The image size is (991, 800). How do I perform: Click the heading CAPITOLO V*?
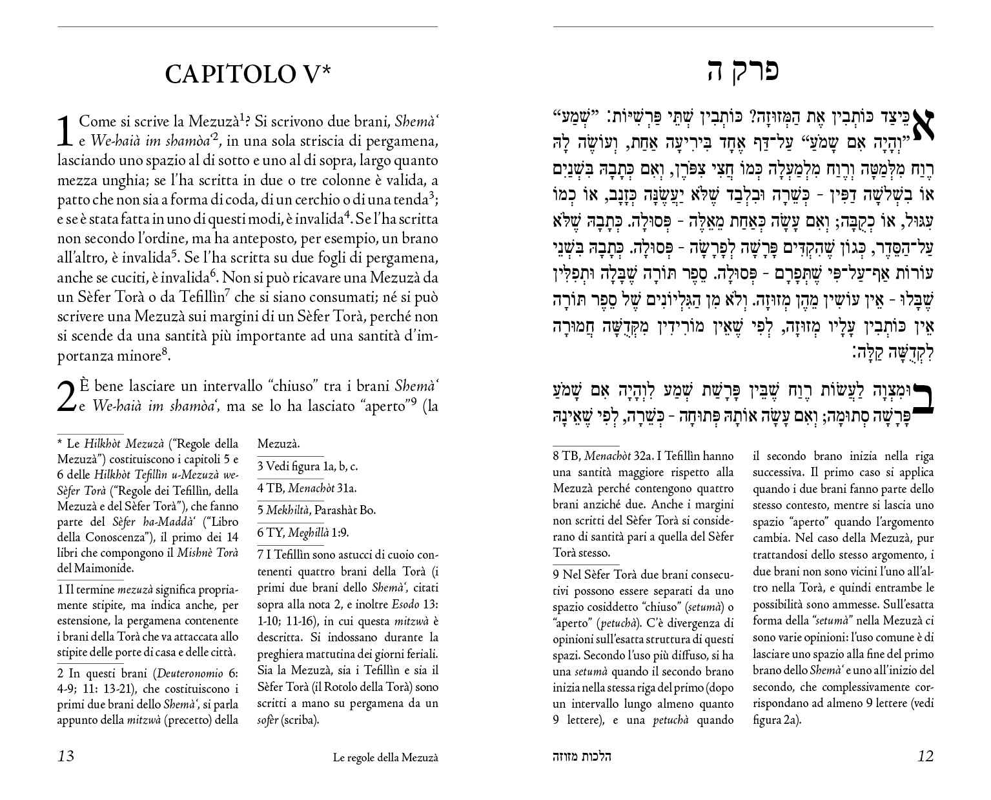(248, 74)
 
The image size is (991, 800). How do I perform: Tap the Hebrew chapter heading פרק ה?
(743, 70)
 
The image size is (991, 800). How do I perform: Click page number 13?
(66, 756)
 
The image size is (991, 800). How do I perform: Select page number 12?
(925, 756)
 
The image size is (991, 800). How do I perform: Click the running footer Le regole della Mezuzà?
(385, 757)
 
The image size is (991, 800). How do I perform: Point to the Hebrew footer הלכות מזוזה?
(582, 757)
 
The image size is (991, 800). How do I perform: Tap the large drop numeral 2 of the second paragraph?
(66, 396)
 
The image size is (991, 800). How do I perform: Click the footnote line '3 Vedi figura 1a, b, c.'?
(307, 466)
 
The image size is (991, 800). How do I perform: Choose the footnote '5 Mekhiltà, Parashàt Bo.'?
(316, 510)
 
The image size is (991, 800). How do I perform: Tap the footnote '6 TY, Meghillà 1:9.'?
(303, 532)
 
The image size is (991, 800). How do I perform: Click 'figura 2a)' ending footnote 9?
(777, 720)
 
